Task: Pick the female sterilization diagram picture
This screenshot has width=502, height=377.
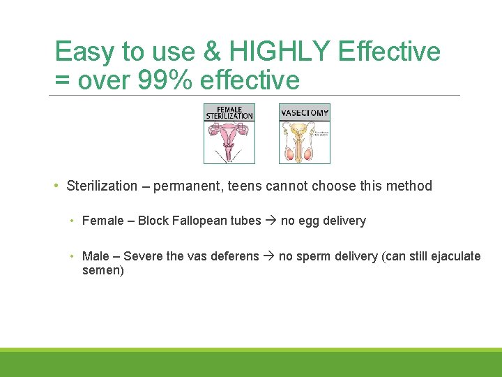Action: point(229,133)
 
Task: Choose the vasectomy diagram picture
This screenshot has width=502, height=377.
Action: point(305,133)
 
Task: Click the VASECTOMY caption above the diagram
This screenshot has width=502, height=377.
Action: point(305,112)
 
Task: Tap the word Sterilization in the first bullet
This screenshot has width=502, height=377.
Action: point(102,186)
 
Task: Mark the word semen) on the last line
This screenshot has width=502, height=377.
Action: point(102,269)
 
